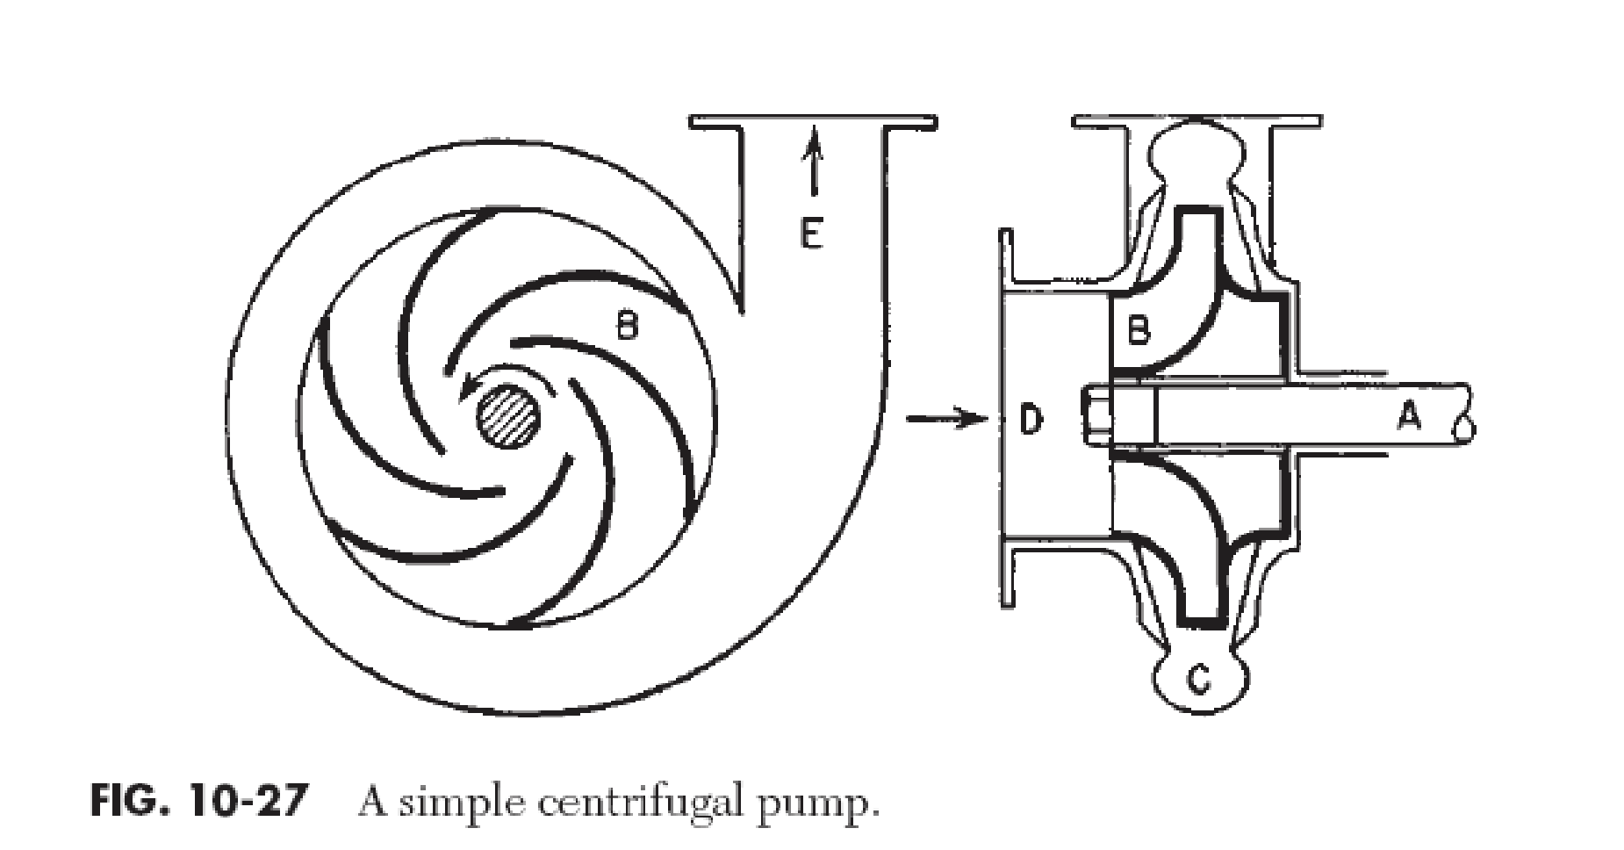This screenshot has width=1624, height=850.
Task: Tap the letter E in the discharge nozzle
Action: click(x=811, y=234)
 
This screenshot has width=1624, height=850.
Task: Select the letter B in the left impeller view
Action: click(x=626, y=328)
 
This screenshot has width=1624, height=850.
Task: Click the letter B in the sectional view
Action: click(x=1138, y=331)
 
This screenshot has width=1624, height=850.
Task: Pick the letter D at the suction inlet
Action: click(x=1031, y=420)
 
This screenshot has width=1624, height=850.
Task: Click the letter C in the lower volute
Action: click(x=1198, y=678)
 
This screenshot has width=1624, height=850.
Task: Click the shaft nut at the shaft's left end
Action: click(x=1092, y=419)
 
